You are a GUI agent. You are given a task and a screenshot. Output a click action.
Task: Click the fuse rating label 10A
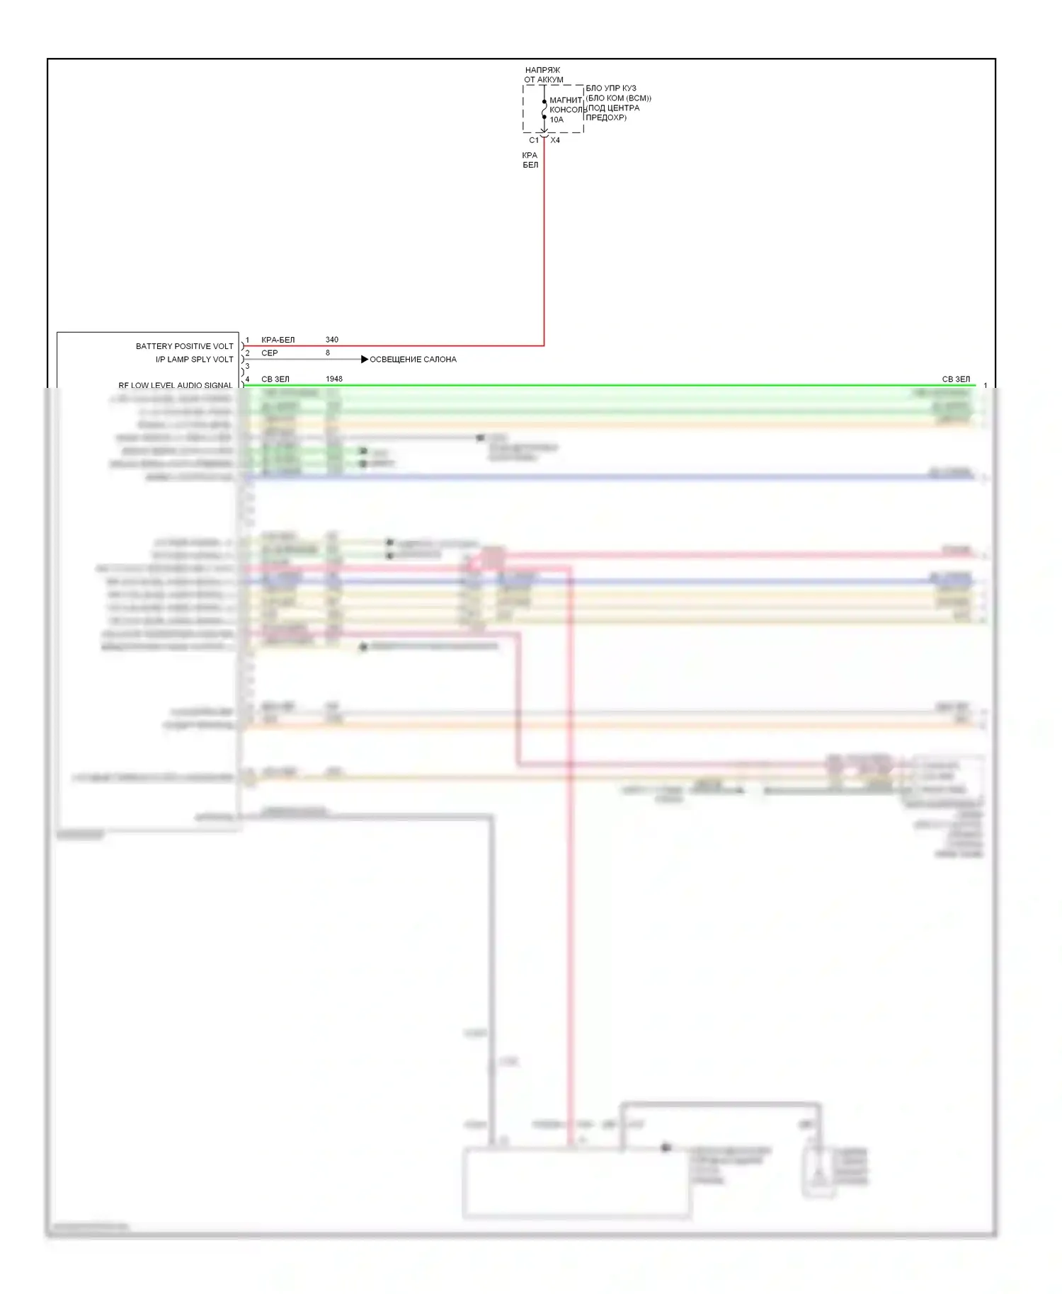[x=556, y=120]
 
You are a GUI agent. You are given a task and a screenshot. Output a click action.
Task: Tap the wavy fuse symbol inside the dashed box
[x=544, y=110]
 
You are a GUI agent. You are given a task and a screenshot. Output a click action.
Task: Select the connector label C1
[x=534, y=140]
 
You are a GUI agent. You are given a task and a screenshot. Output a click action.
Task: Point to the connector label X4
[x=555, y=140]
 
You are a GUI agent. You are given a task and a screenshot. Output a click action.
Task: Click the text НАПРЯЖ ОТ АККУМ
[x=543, y=75]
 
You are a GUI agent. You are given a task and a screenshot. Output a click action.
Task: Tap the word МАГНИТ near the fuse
[x=566, y=100]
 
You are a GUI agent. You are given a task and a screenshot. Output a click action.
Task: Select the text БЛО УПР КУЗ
[x=610, y=88]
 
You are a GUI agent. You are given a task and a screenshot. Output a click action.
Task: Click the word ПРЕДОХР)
[x=606, y=118]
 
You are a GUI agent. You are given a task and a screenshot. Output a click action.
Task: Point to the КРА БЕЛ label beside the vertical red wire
[x=530, y=160]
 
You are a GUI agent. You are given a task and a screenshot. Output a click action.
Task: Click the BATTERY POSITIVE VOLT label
[x=184, y=346]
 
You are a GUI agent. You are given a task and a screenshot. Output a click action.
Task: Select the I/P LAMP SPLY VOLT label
[x=194, y=360]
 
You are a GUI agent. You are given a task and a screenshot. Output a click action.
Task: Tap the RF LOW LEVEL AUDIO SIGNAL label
[x=175, y=385]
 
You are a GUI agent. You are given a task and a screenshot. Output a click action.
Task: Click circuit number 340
[x=331, y=340]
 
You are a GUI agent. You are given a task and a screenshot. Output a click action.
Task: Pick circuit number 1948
[x=333, y=379]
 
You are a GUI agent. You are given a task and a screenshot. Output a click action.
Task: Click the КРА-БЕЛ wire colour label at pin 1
[x=278, y=340]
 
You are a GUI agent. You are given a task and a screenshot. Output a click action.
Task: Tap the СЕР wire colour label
[x=269, y=353]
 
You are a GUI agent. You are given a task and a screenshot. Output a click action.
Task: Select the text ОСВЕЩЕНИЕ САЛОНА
[x=413, y=360]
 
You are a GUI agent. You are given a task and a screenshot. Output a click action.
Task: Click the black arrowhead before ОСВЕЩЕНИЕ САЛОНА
[x=365, y=360]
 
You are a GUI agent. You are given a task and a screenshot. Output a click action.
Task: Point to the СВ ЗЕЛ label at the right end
[x=956, y=379]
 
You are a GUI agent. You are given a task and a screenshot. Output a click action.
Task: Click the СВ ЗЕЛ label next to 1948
[x=275, y=379]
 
